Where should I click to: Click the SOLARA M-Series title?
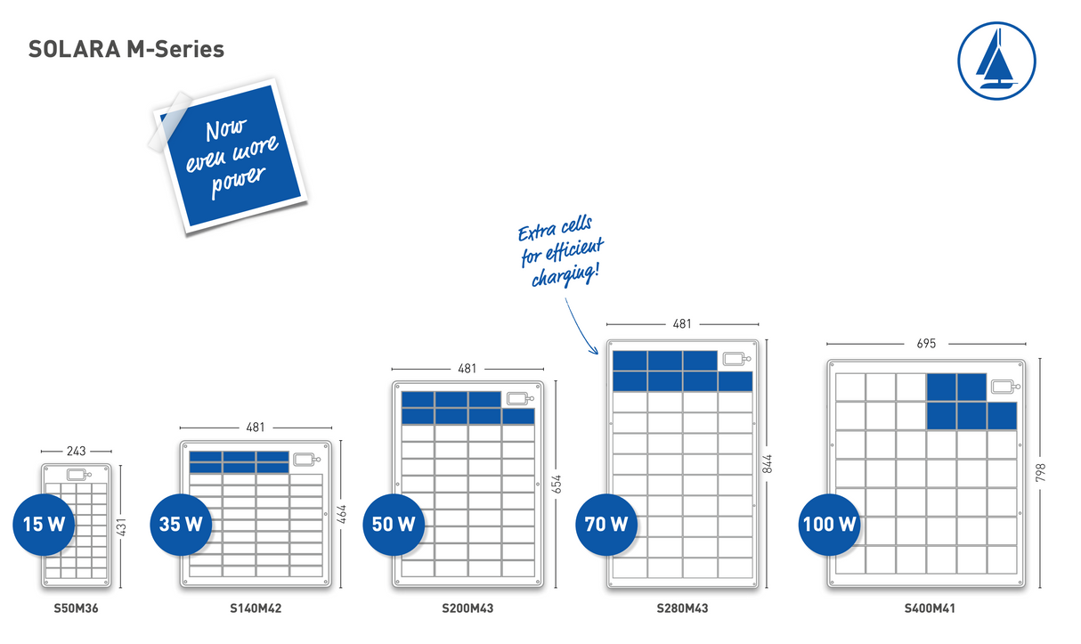click(126, 49)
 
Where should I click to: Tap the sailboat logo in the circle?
click(996, 61)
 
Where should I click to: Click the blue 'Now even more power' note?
click(231, 156)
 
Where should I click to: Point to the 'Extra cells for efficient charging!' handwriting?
click(560, 251)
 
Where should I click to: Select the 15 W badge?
click(44, 525)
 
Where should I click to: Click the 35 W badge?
click(181, 525)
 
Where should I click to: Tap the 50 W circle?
click(394, 525)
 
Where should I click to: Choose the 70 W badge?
click(606, 525)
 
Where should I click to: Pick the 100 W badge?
click(829, 525)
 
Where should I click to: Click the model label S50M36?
click(76, 608)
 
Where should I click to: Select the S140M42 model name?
click(256, 608)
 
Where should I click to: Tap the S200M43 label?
click(467, 608)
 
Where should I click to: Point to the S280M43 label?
click(682, 608)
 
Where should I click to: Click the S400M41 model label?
click(930, 608)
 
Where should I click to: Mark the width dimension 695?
click(926, 344)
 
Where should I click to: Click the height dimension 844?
click(767, 464)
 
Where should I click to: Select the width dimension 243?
click(77, 451)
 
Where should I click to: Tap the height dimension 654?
click(557, 485)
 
